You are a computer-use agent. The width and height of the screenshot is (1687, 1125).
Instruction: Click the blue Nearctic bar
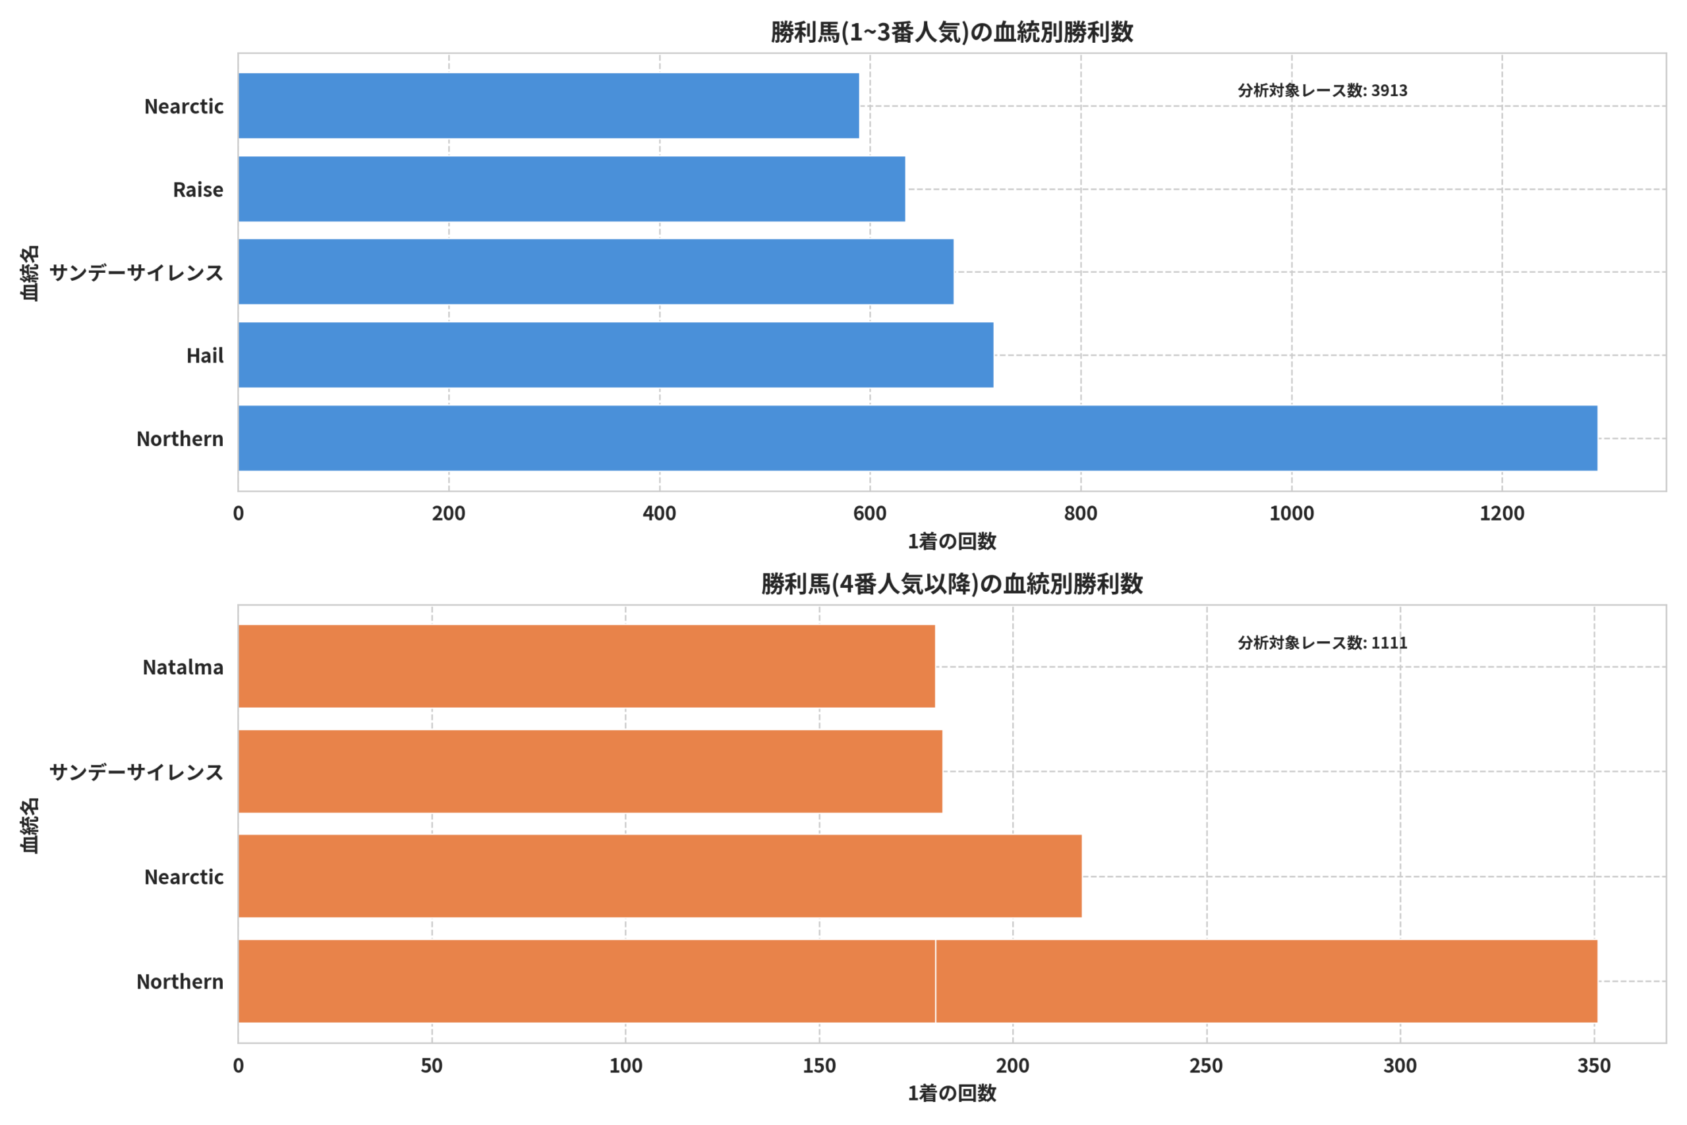(549, 105)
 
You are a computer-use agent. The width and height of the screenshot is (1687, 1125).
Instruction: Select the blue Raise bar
(571, 188)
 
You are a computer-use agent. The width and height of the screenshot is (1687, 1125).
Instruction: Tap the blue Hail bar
(616, 355)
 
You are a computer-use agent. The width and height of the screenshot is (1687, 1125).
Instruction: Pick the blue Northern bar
(918, 438)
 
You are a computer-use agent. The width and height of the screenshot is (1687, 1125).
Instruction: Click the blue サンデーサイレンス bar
(596, 272)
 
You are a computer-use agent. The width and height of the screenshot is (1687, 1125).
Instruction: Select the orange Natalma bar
(586, 666)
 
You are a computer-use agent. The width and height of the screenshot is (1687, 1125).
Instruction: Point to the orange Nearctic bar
(660, 876)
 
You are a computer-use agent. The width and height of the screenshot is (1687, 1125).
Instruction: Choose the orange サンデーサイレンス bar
(590, 771)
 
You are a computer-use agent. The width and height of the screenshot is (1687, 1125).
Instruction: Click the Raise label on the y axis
(198, 189)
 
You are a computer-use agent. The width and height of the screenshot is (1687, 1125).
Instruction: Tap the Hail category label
(205, 356)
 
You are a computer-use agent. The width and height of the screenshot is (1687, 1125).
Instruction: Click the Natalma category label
(183, 667)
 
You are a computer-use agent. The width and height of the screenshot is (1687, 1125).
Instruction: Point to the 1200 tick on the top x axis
(1502, 513)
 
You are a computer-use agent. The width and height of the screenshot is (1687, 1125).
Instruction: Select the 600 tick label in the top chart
(870, 513)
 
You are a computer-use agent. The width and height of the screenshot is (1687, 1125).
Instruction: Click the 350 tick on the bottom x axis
(1594, 1066)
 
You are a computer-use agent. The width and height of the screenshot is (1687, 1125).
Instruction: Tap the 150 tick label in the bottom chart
(819, 1066)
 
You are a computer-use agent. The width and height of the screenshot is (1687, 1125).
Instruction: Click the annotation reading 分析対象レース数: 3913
(1323, 90)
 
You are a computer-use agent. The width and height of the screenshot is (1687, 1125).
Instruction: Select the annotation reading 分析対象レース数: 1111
(1323, 643)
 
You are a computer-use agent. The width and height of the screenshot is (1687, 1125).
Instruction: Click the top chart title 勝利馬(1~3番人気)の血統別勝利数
(952, 32)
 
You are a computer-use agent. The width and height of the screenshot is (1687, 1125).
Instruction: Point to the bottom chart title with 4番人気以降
(952, 584)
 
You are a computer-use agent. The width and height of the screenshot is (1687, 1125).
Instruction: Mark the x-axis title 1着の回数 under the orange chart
(952, 1093)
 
